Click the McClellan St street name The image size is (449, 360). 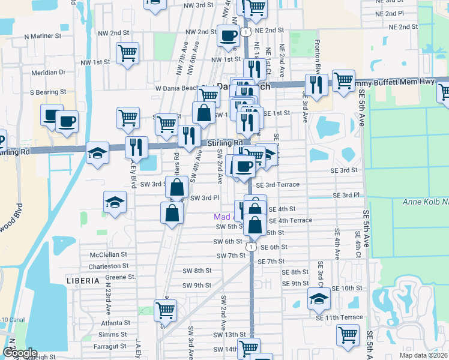pos(108,254)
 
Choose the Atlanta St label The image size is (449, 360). pos(115,323)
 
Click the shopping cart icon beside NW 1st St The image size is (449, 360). pos(127,53)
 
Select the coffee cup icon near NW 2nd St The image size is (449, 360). pos(228,36)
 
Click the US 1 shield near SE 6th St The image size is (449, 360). pos(252,247)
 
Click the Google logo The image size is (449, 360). pos(20,353)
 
